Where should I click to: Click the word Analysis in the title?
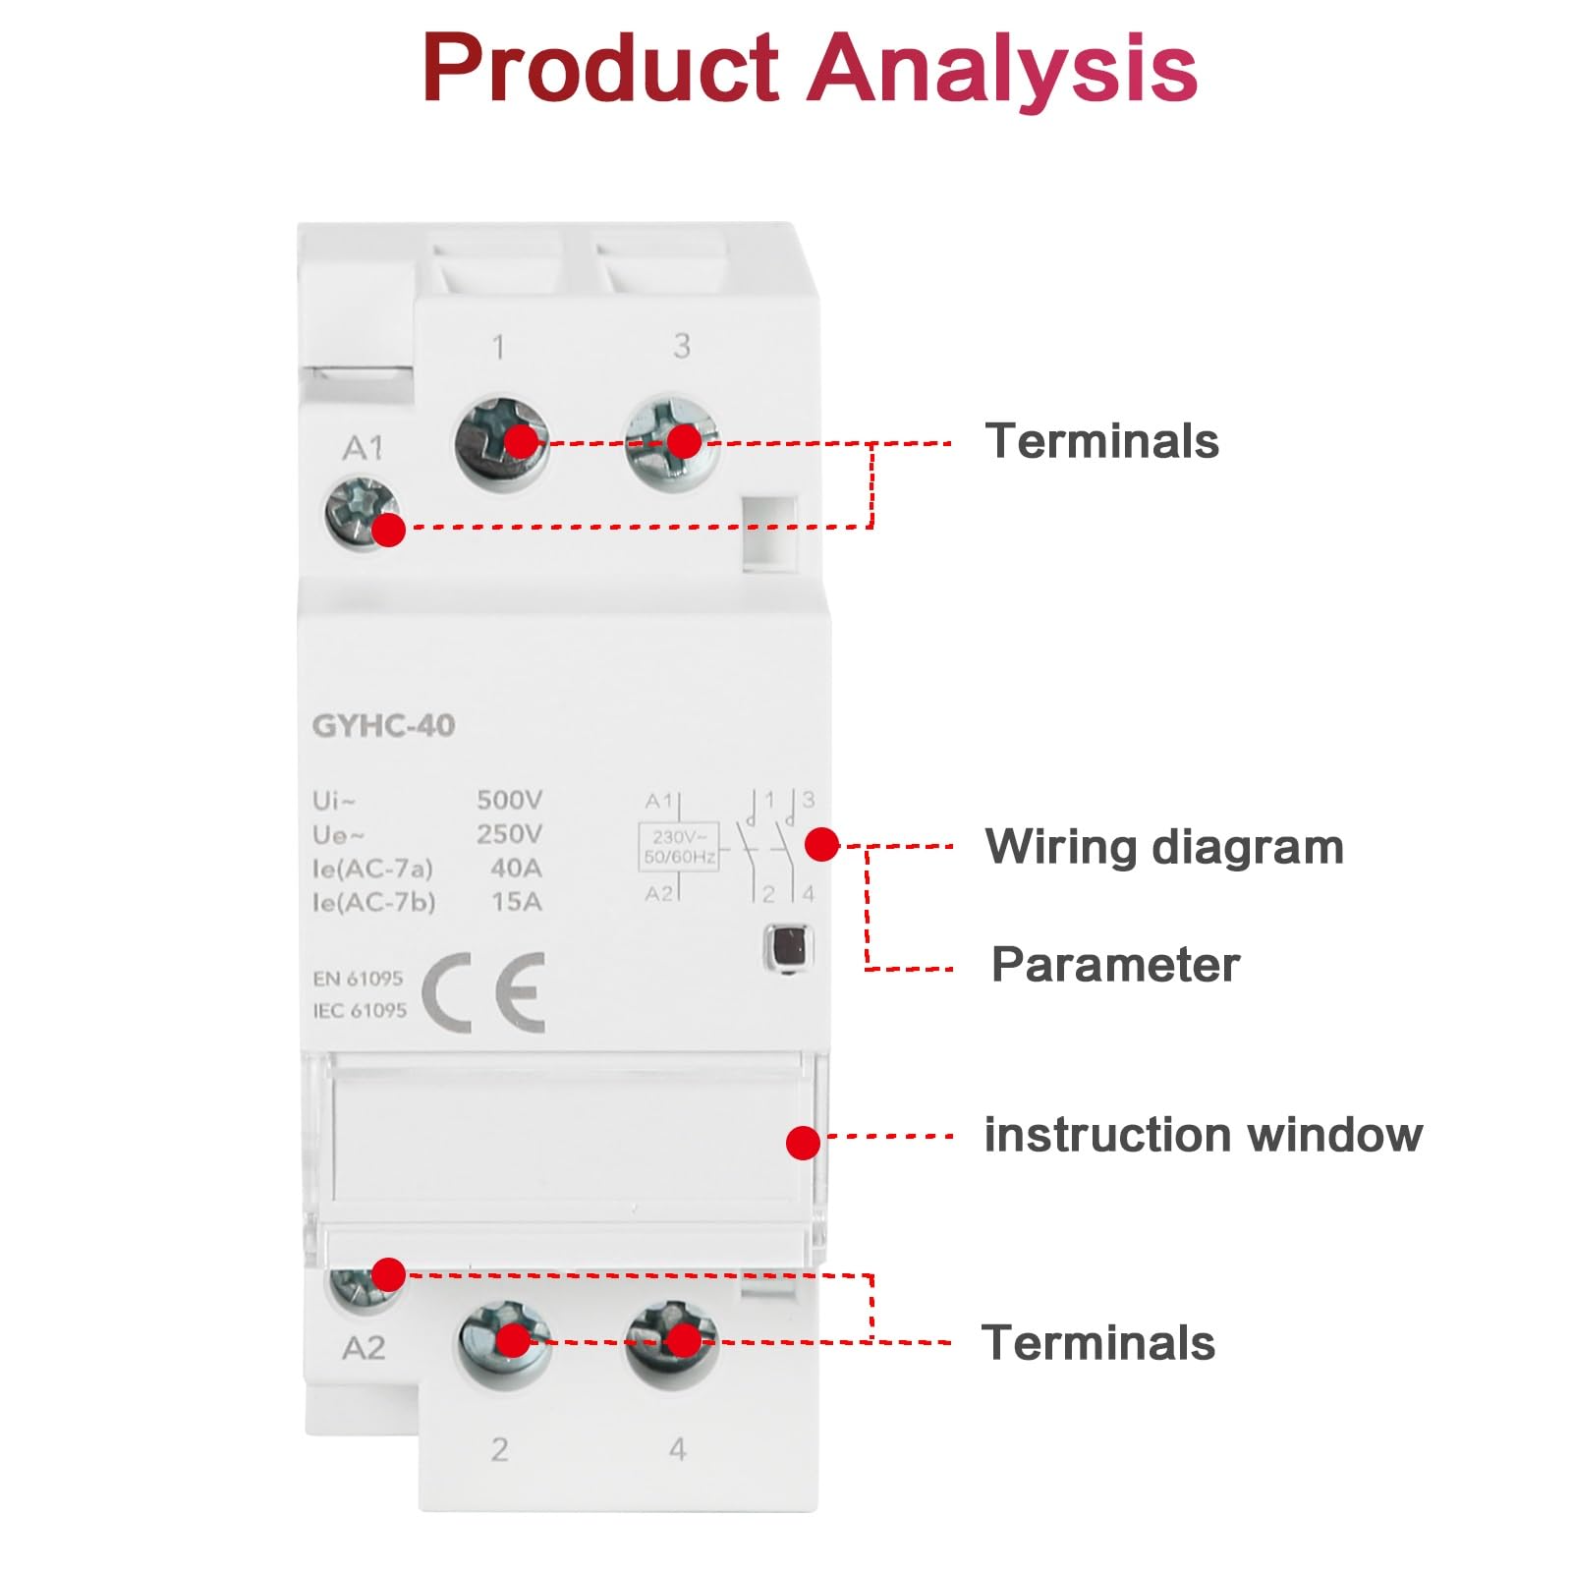click(1002, 69)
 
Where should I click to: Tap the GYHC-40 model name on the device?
click(383, 726)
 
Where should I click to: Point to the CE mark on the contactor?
click(483, 991)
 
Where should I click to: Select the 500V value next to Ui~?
click(509, 800)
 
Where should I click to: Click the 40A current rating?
click(516, 868)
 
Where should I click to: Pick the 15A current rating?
click(517, 901)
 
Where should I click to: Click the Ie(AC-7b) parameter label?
click(373, 902)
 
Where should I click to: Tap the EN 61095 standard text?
click(358, 979)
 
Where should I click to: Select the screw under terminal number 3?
click(673, 442)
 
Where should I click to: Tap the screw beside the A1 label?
click(363, 512)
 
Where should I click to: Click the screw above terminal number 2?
click(505, 1343)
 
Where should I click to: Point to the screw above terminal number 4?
click(672, 1342)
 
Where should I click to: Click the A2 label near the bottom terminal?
click(364, 1348)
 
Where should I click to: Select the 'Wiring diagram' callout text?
click(1164, 847)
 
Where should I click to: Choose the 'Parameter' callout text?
click(1115, 965)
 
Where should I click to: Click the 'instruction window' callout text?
click(1204, 1135)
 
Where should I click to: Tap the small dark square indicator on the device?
click(789, 948)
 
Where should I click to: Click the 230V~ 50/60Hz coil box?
click(679, 847)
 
